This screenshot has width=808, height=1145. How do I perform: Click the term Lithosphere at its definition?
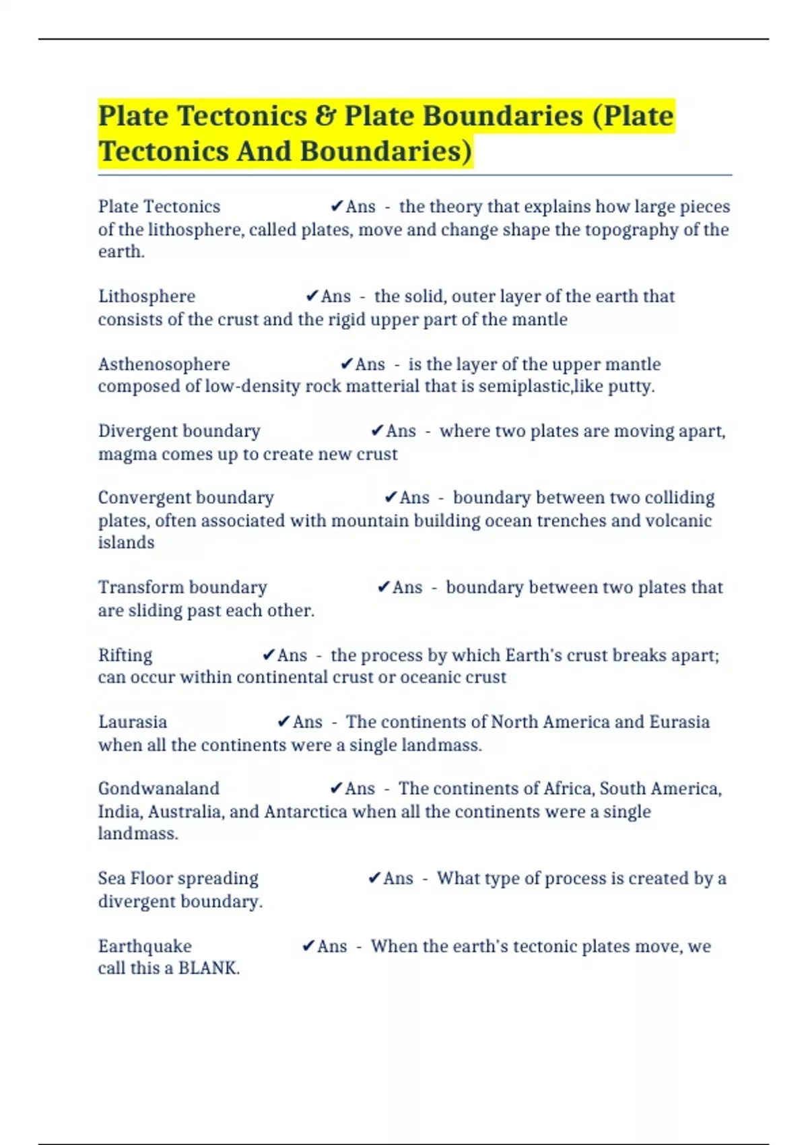(147, 296)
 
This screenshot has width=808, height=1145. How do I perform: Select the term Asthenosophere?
(164, 364)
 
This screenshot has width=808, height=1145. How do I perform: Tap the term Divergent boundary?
(179, 431)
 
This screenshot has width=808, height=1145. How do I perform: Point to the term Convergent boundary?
(186, 498)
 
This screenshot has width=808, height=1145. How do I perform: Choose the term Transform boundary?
(182, 587)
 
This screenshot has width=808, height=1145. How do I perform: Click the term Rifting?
(125, 655)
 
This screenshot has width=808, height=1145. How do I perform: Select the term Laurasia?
(133, 722)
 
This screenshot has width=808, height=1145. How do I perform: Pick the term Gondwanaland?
(159, 789)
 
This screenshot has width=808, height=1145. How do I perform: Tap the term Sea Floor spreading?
(178, 878)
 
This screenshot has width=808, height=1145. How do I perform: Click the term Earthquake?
(145, 946)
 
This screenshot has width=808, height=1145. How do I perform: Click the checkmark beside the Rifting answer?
(269, 655)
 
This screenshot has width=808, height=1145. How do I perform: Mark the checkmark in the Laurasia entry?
(284, 721)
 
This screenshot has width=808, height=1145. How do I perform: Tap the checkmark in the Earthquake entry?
(308, 946)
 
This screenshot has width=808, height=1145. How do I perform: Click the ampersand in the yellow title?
(326, 116)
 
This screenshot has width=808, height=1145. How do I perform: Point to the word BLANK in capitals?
(207, 969)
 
